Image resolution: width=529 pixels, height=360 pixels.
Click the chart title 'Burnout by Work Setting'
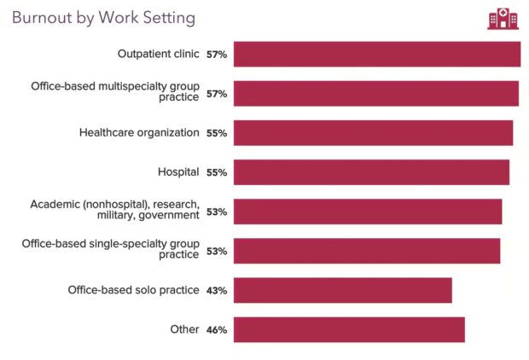point(103,17)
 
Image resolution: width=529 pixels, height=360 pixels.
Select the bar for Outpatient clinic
point(376,54)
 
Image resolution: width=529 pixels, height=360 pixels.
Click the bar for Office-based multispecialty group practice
point(375,94)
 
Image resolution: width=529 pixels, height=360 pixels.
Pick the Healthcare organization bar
point(373,133)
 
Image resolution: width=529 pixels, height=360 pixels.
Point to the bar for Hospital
point(371,172)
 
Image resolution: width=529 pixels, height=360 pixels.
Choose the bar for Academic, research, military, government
point(367,212)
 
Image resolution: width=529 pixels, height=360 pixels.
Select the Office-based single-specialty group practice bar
point(366,251)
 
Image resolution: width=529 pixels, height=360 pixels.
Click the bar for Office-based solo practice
point(342,290)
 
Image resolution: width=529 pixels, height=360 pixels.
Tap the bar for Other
point(349,329)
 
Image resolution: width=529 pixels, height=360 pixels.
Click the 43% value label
point(216,291)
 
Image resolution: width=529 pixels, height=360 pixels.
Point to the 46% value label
point(216,330)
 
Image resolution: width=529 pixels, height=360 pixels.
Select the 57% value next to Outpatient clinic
point(216,55)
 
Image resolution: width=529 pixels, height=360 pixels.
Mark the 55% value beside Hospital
point(216,173)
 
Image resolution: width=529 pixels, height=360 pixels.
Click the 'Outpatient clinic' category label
point(158,54)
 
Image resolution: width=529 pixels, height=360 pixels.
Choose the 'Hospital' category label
point(178,171)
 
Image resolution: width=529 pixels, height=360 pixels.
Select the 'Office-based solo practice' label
point(133,290)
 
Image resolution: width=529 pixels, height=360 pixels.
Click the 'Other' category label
point(183,329)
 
